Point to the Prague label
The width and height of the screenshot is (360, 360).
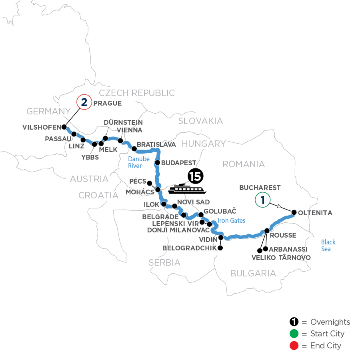click(107, 104)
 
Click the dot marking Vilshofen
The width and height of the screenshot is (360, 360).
click(64, 127)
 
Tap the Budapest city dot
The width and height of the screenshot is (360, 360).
click(158, 163)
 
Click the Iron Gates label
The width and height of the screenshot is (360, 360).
click(232, 220)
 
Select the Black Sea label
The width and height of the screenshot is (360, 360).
click(328, 246)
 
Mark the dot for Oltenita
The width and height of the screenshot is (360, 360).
click(294, 212)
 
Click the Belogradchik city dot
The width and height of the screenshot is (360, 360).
click(220, 248)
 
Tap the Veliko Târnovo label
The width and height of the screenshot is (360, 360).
click(281, 258)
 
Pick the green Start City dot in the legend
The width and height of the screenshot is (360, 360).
click(294, 334)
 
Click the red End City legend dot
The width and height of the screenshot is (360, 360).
click(294, 345)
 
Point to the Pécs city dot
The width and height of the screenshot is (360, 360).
click(150, 183)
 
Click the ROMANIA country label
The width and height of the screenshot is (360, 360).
click(244, 164)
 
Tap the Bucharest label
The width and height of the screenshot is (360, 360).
click(260, 187)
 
